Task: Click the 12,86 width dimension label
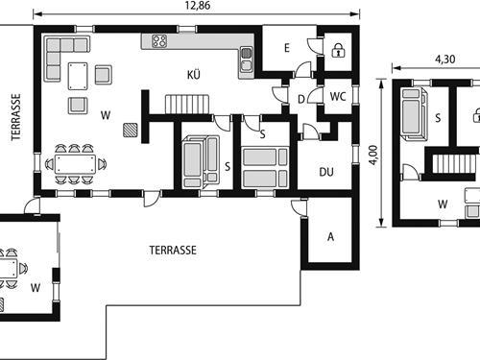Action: click(198, 6)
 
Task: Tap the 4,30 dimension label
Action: click(444, 60)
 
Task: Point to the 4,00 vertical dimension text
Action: click(373, 155)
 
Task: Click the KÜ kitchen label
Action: click(194, 75)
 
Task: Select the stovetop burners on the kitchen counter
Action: click(159, 41)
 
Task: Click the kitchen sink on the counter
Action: click(246, 60)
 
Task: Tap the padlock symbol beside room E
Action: click(338, 50)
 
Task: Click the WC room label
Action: click(338, 96)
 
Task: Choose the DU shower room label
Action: click(326, 172)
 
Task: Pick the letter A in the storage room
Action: click(330, 237)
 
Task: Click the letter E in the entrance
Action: click(287, 48)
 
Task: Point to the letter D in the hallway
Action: click(301, 99)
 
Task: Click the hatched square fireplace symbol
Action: click(131, 131)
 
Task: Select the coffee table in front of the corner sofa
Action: click(78, 76)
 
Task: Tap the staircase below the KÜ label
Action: click(187, 104)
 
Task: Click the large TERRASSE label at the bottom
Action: click(173, 250)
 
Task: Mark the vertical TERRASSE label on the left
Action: click(15, 117)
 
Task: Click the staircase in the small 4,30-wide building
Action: click(454, 163)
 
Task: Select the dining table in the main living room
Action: click(75, 164)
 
